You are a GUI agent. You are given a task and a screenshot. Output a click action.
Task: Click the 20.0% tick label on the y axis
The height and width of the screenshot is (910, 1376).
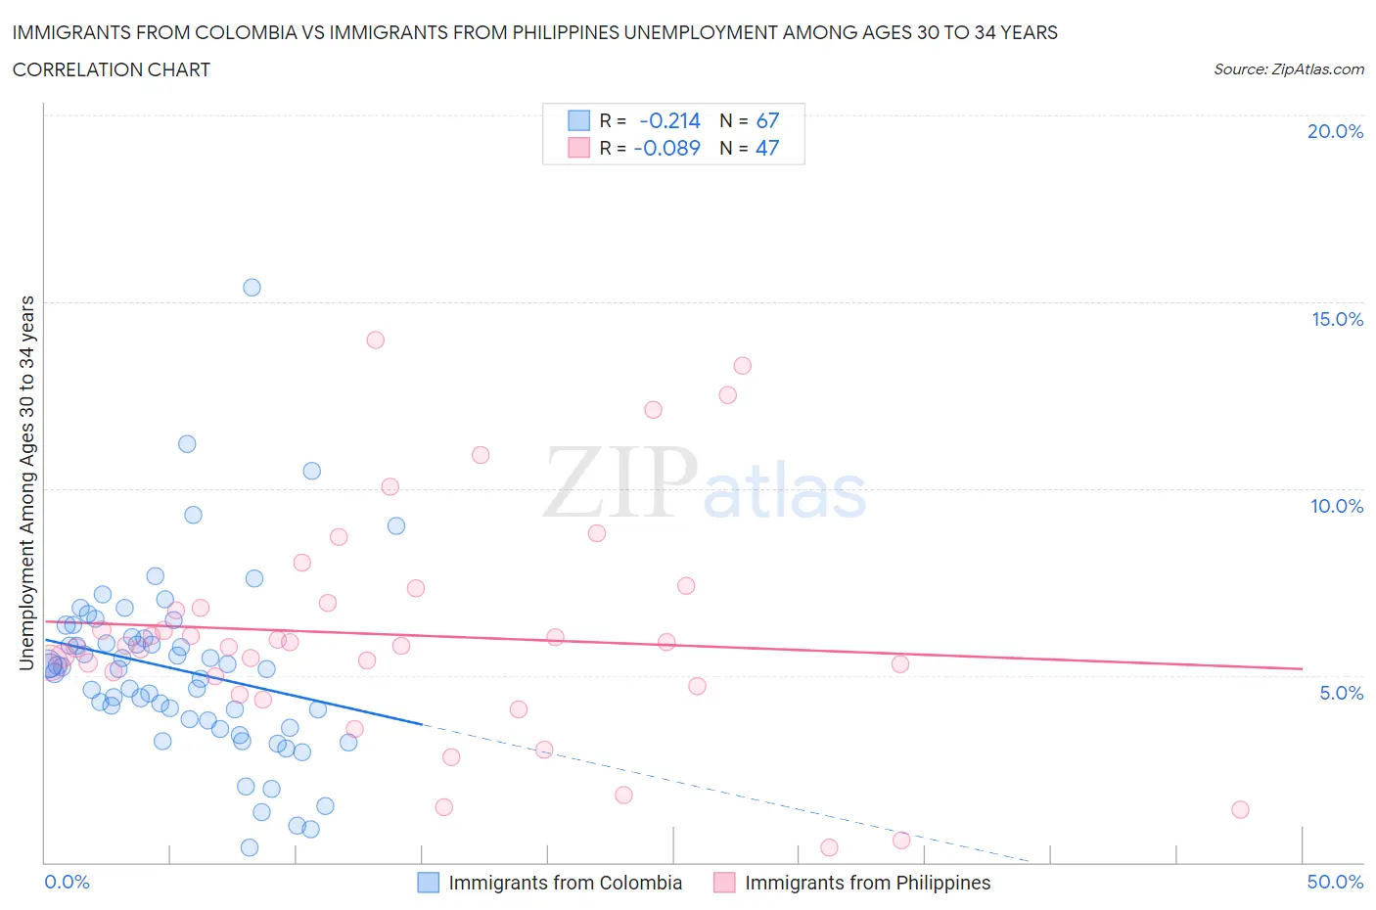1335,131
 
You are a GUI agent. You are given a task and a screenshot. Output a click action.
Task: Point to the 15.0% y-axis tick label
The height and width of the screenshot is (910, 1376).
1337,319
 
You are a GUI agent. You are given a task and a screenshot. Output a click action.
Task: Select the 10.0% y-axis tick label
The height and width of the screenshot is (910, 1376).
1337,506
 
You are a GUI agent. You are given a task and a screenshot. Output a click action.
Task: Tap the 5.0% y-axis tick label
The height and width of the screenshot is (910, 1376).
1341,693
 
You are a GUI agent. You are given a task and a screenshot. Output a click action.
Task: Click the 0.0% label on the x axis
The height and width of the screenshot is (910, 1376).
67,882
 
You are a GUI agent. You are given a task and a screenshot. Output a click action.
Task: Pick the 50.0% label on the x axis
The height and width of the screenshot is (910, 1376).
1335,882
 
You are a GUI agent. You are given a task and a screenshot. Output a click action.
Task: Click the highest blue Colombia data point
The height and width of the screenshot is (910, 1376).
252,288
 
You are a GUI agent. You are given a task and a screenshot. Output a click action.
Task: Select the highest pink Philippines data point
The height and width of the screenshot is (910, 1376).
375,341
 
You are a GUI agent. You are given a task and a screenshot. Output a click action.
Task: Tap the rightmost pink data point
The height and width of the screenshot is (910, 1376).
1240,809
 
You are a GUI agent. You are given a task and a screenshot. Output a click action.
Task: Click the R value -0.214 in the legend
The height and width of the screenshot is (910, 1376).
669,120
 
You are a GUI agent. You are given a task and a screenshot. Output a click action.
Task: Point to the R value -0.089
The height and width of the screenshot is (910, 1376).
667,148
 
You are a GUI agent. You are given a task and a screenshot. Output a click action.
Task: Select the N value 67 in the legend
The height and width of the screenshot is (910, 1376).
767,120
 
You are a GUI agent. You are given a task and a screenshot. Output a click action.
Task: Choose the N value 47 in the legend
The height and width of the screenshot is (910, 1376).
767,148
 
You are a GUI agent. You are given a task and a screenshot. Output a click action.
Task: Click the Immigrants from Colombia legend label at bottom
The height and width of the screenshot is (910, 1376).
565,883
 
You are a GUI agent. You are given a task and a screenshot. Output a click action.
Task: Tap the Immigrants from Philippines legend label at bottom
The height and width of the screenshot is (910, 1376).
867,883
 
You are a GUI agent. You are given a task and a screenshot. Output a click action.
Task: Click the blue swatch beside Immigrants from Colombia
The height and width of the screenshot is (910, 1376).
429,883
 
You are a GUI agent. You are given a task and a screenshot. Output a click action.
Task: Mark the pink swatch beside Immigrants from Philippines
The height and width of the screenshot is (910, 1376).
724,883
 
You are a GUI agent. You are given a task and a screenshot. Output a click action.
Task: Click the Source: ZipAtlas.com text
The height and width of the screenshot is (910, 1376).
1288,68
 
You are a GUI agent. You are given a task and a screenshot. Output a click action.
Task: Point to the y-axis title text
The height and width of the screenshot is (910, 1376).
26,483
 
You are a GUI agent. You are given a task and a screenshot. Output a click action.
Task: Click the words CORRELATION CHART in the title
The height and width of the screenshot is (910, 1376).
111,69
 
